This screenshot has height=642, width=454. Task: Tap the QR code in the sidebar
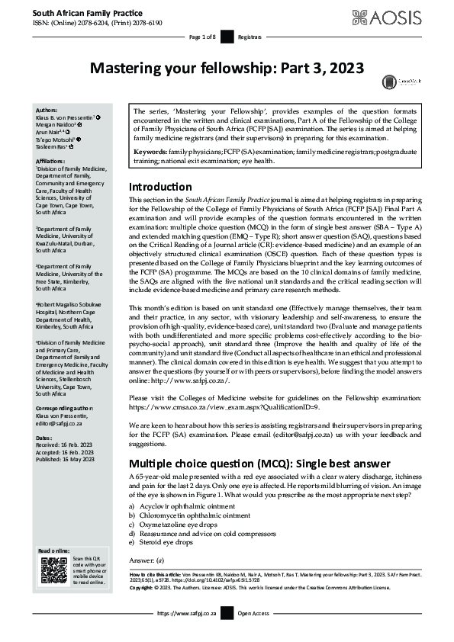coord(53,570)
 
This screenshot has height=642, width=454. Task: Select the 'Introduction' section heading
coord(160,187)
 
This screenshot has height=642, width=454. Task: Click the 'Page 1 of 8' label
coord(203,37)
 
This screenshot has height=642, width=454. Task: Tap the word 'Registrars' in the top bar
coord(250,37)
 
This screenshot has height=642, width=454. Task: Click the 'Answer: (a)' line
coord(147,560)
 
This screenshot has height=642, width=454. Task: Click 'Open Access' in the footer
coord(254,613)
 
